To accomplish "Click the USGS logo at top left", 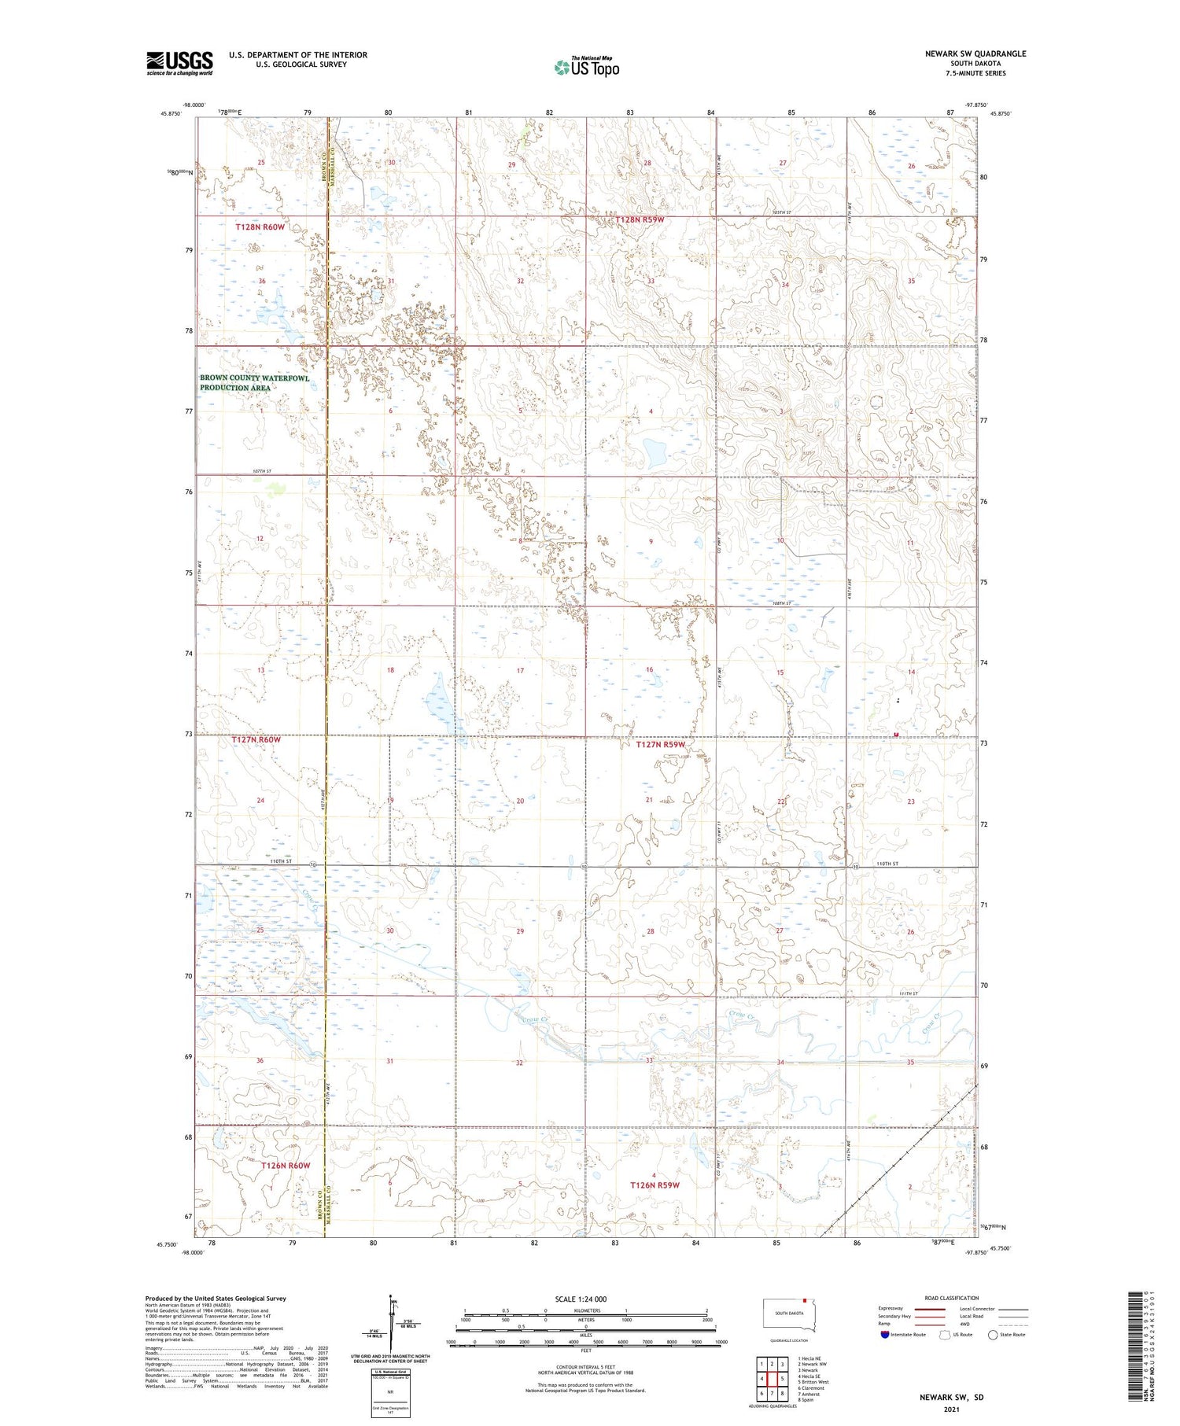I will (x=179, y=63).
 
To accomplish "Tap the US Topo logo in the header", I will (x=587, y=68).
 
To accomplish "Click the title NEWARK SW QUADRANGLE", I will (x=975, y=53).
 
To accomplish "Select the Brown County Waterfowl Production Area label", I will (x=254, y=383).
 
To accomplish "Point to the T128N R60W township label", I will (x=260, y=227).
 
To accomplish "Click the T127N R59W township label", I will (x=660, y=744).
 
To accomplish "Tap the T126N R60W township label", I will (x=286, y=1165).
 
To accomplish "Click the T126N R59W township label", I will (x=654, y=1185).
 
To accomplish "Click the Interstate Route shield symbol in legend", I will (x=885, y=1335).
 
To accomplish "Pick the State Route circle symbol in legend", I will (x=993, y=1335).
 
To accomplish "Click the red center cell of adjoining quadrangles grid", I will (x=772, y=1379).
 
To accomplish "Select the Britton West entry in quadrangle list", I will (x=813, y=1382).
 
